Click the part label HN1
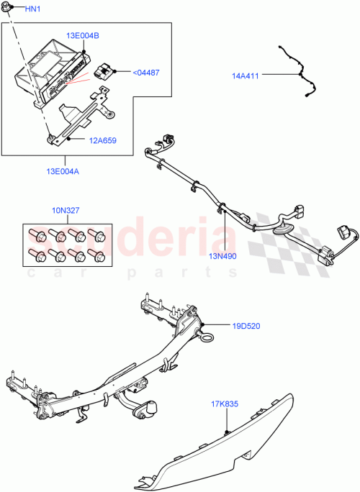click(34, 9)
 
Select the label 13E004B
click(84, 35)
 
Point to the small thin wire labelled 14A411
click(299, 72)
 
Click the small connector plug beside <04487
click(102, 71)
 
